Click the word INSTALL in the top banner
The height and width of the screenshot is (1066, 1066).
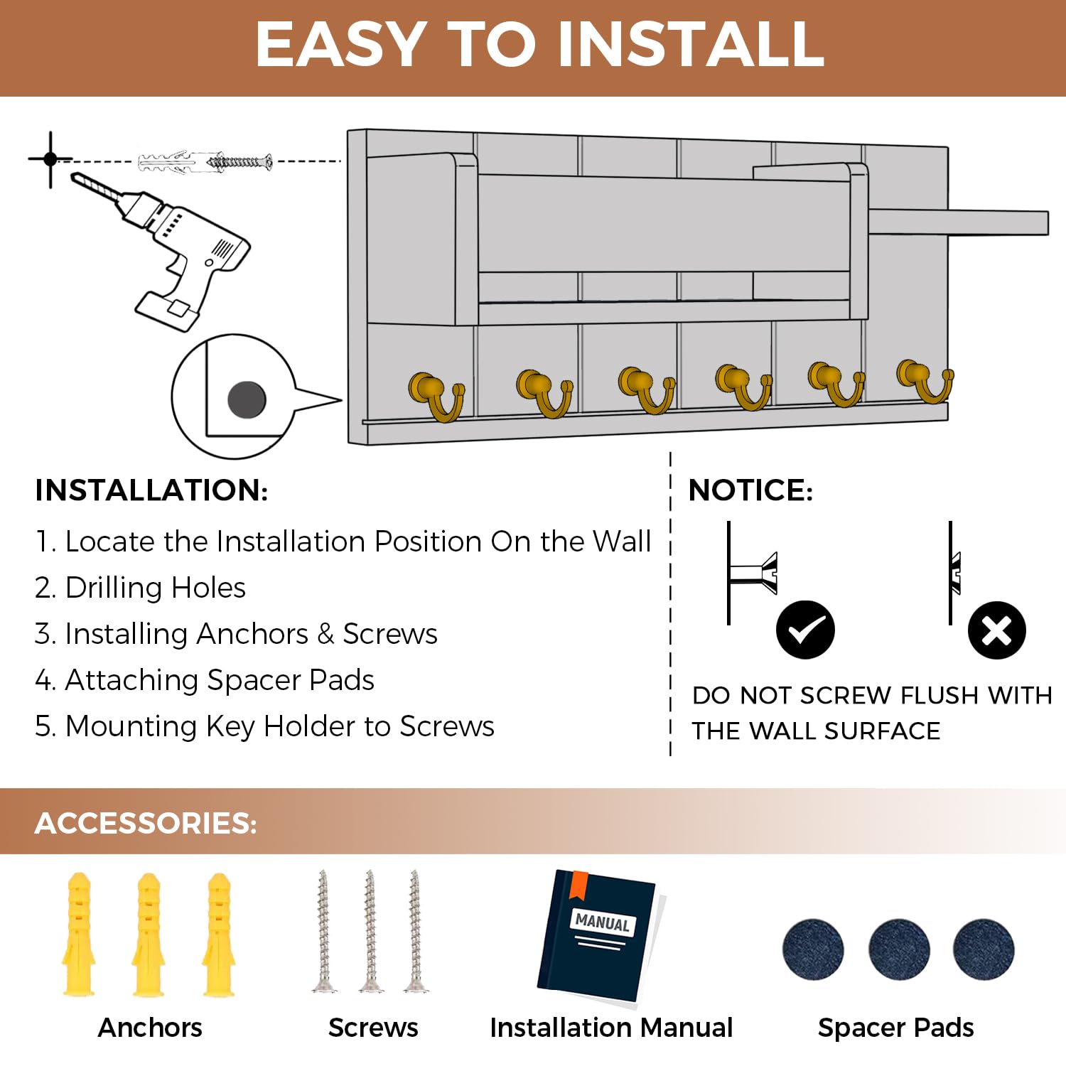coord(691,44)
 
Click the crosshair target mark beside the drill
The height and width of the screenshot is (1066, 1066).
coord(50,159)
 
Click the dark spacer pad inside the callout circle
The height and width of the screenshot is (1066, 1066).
coord(247,399)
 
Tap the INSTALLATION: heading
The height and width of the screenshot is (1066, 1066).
coord(151,490)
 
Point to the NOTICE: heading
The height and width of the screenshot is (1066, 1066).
coord(750,490)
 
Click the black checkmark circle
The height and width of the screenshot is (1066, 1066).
coord(805,630)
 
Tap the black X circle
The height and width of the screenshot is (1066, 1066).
coord(996,630)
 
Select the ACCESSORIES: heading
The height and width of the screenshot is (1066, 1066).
coord(146,823)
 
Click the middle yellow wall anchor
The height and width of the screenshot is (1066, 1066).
coord(149,934)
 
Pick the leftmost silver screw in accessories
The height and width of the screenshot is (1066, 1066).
coord(324,930)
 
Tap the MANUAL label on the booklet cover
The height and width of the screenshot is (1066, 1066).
coord(603,922)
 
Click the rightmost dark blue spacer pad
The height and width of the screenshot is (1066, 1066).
coord(984,949)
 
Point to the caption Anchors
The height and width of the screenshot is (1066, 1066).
coord(150,1028)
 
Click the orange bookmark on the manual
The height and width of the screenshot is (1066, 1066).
coord(580,883)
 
